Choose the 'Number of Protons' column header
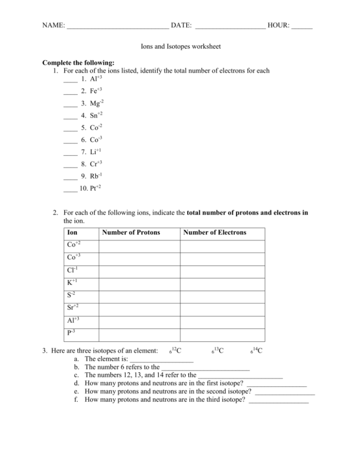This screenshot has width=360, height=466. click(x=131, y=232)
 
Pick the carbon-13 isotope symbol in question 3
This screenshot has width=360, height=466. click(x=217, y=351)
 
